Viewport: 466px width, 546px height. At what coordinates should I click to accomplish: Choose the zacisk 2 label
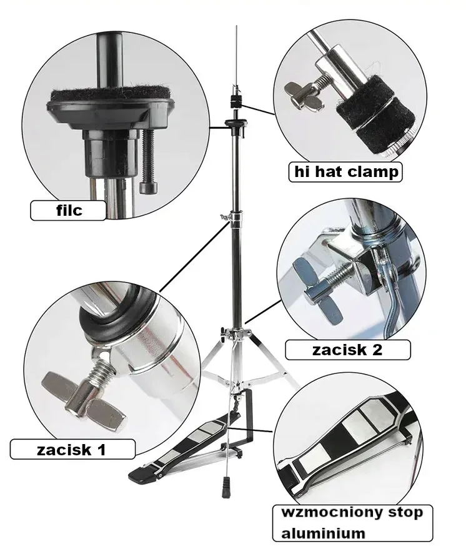pyautogui.click(x=347, y=350)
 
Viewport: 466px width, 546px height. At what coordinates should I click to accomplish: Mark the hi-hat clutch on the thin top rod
pyautogui.click(x=235, y=100)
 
